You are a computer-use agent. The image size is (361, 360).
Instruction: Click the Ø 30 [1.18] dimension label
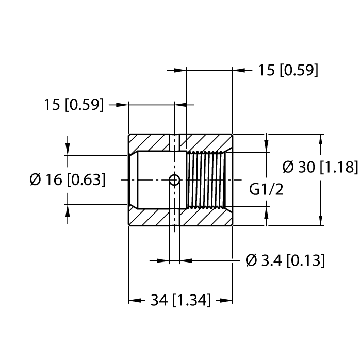pos(320,168)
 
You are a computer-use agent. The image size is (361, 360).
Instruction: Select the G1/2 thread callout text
pos(266,189)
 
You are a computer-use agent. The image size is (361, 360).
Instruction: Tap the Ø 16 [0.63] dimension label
pos(68,179)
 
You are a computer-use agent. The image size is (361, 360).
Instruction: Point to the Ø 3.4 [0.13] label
pos(285,260)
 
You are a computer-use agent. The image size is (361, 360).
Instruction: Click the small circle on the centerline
pos(175,180)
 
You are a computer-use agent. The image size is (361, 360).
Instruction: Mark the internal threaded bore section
pos(205,179)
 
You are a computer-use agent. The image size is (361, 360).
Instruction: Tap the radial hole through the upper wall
pos(175,143)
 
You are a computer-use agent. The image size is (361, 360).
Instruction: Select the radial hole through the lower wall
pos(175,217)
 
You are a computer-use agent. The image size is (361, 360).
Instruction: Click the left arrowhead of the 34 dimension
pos(134,300)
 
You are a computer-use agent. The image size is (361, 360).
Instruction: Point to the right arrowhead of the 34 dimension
pos(227,300)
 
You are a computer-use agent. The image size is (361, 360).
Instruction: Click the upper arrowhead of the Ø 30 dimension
pos(322,139)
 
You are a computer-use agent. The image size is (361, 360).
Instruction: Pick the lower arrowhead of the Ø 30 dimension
pos(322,221)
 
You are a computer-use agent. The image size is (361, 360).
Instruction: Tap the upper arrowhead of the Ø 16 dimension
pos(68,150)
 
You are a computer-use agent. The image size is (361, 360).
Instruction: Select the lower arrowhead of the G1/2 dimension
pos(266,212)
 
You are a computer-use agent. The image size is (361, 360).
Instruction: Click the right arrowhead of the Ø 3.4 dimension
pos(184,260)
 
